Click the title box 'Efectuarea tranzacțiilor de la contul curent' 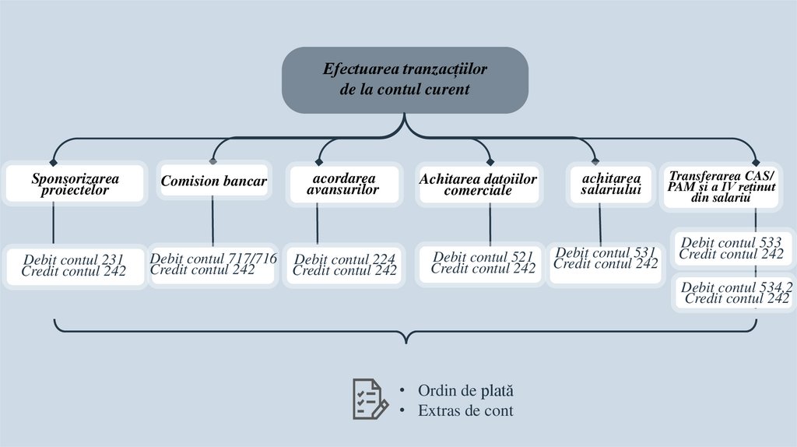click(405, 79)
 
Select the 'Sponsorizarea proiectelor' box click(75, 184)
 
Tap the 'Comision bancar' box click(213, 181)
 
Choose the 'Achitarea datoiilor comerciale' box click(478, 184)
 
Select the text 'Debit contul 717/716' click(212, 259)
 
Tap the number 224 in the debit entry click(383, 259)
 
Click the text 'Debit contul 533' click(731, 243)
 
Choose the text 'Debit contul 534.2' click(736, 287)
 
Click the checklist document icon click(370, 399)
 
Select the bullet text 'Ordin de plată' click(465, 391)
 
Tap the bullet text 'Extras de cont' click(465, 410)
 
